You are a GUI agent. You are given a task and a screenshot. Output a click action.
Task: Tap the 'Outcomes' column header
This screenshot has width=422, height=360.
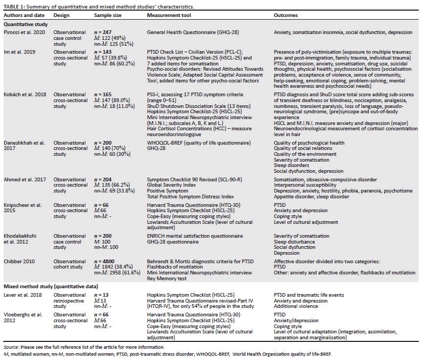[x=286, y=15]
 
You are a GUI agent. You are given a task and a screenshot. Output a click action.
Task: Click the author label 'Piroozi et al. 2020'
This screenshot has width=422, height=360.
[x=24, y=32]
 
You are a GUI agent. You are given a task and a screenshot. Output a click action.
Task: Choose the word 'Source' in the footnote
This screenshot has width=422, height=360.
[x=11, y=346]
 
